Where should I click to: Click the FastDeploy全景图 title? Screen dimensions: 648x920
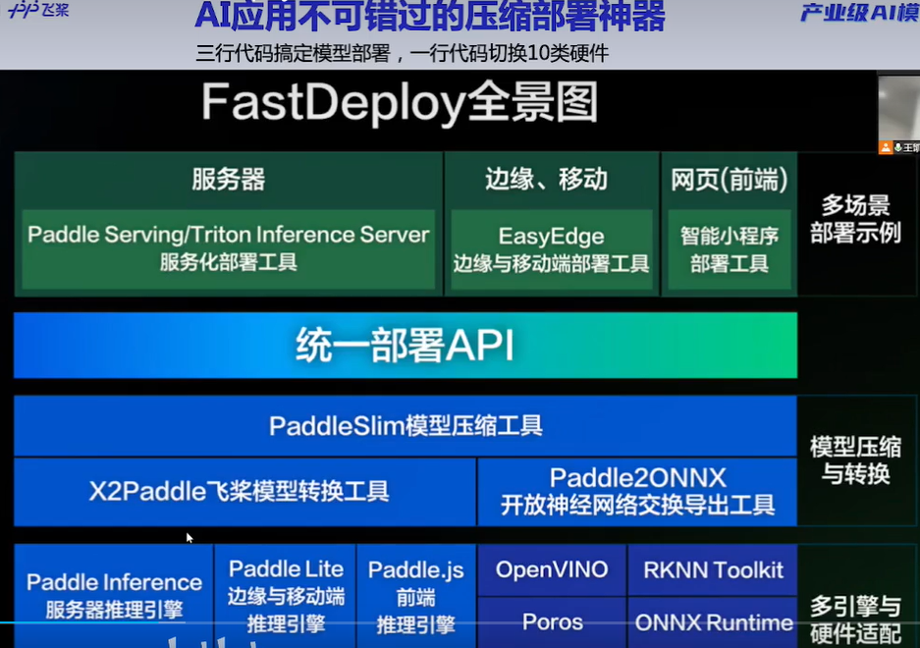tap(400, 103)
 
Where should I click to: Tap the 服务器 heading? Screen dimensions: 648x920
tap(228, 179)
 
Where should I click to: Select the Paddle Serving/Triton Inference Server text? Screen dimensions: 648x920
tap(228, 235)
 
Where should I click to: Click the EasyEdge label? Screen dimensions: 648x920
tap(551, 237)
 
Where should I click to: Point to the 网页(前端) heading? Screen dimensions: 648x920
tap(729, 179)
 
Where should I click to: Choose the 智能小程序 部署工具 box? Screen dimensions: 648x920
tap(729, 250)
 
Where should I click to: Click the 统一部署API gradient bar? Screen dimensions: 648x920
tap(405, 345)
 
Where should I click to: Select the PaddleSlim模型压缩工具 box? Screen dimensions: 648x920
tap(405, 426)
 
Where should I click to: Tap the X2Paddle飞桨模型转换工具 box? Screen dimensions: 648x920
tap(244, 491)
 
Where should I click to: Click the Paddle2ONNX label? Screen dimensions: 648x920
tap(637, 478)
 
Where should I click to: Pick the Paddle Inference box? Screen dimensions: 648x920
tap(114, 595)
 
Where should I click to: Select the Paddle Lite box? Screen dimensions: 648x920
tap(286, 595)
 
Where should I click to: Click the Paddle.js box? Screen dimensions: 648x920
tap(416, 595)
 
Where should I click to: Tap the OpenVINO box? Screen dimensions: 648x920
tap(551, 570)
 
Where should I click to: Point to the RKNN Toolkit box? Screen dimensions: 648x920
tap(713, 570)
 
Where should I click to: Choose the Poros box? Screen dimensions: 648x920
tap(551, 622)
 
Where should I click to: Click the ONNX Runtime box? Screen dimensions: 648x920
tap(713, 622)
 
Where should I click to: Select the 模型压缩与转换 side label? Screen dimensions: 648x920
tap(855, 459)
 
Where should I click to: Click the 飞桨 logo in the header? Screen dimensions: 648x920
tap(38, 12)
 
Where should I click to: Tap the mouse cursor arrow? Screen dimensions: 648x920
tap(189, 538)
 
